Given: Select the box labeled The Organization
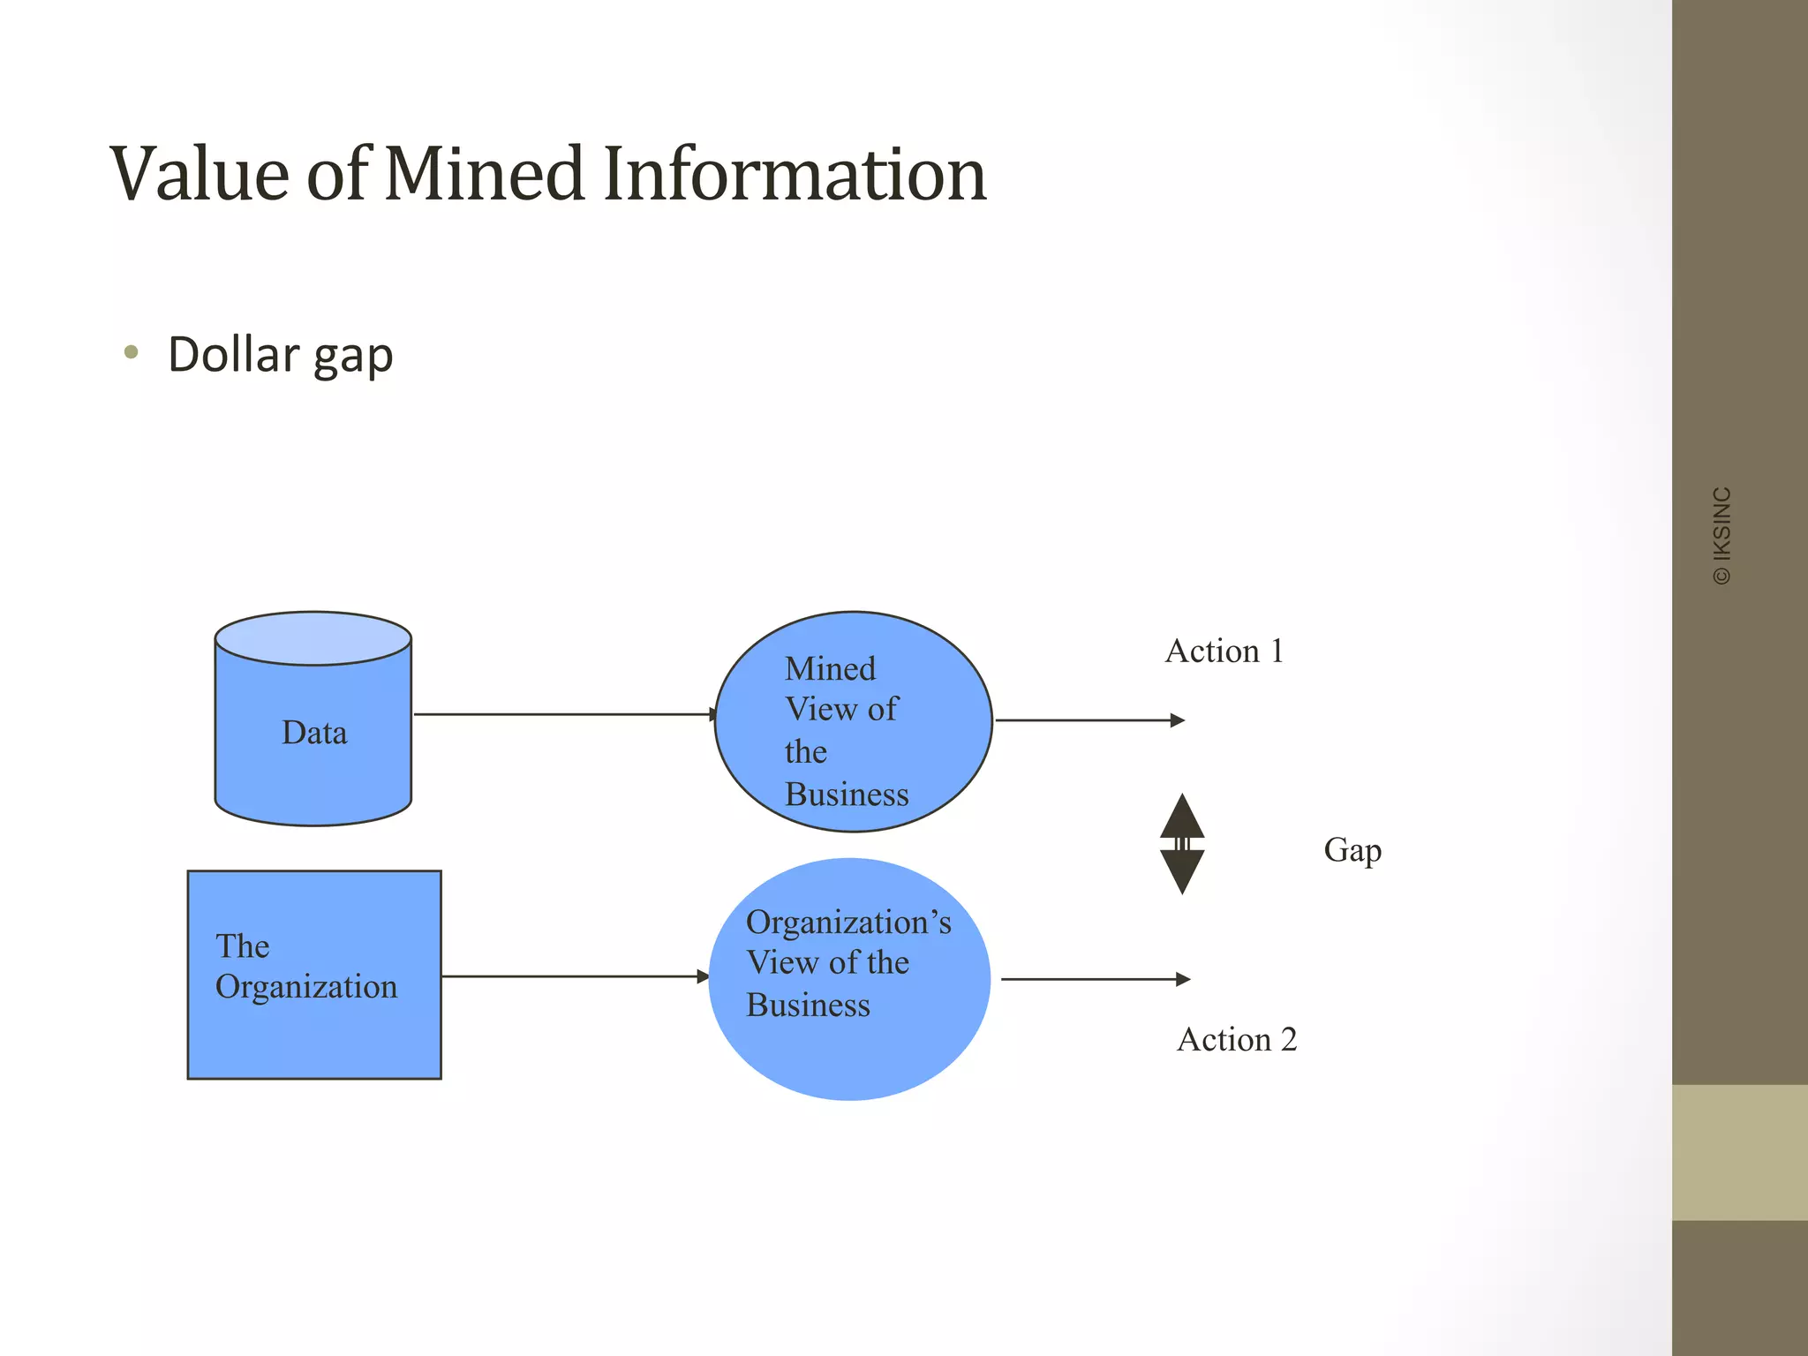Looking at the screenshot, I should pos(314,975).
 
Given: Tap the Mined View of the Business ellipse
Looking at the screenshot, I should pos(853,722).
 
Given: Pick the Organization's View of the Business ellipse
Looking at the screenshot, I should pos(849,979).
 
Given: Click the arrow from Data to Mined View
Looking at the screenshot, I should pos(565,714).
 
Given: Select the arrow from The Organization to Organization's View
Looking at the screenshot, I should pos(574,976).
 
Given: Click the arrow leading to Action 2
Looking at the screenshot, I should pos(1095,979).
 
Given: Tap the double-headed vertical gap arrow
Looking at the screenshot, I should pos(1182,844).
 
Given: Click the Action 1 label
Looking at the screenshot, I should pos(1224,652).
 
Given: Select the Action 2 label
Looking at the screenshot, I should pos(1237,1040).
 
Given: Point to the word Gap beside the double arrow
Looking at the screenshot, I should pos(1352,850).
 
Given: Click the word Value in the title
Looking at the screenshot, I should pos(200,174).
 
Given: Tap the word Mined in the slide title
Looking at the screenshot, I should pos(484,174).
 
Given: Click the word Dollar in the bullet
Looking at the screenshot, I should pos(234,355).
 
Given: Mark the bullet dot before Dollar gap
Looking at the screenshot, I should pos(132,353).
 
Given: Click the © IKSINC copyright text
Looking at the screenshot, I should pos(1721,535).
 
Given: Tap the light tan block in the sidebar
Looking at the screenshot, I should pos(1739,1152).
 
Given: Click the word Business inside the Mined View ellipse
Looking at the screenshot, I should pos(846,795).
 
